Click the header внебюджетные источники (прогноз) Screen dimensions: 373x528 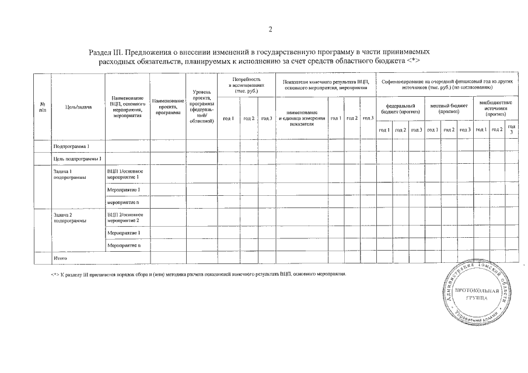pyautogui.click(x=495, y=108)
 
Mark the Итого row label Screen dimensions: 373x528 pyautogui.click(x=60, y=258)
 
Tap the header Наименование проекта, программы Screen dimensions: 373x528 pyautogui.click(x=167, y=107)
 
